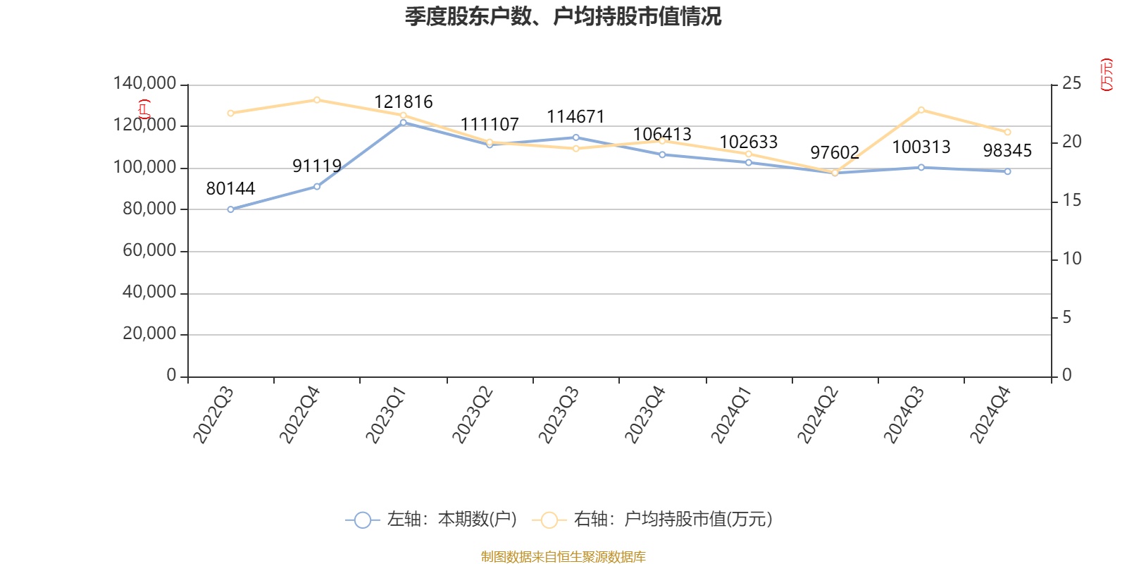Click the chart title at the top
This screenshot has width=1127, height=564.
[563, 16]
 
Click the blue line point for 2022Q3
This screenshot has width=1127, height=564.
[230, 209]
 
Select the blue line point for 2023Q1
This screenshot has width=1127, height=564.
[403, 123]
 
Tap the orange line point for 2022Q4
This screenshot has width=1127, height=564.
[317, 100]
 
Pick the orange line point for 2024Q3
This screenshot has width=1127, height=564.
[921, 110]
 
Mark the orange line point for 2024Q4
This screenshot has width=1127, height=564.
[1007, 133]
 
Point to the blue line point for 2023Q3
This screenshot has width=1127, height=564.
[575, 137]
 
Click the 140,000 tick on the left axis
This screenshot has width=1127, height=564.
[144, 84]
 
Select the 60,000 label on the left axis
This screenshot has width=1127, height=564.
[149, 251]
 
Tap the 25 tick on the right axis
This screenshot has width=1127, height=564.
[1071, 84]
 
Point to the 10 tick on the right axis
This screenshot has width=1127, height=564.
[1071, 259]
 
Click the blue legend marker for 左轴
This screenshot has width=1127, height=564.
[362, 520]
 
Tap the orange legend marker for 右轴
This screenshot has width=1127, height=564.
[549, 520]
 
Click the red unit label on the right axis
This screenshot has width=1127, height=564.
[1107, 75]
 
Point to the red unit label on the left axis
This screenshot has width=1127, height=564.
[144, 109]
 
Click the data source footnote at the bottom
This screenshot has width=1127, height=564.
[563, 557]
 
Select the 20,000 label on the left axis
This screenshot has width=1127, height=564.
[149, 334]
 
